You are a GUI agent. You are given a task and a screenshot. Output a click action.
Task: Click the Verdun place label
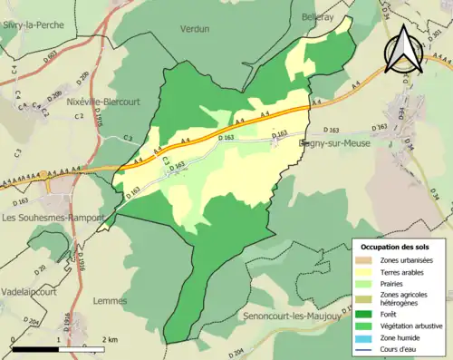coord(195,29)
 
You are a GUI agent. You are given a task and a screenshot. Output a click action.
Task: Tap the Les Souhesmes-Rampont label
coord(49,218)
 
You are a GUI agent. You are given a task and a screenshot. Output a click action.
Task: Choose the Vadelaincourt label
coord(33,282)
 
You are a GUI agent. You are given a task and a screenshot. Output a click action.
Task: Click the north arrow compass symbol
coord(404,48)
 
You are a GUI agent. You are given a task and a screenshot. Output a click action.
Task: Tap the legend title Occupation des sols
coord(396,247)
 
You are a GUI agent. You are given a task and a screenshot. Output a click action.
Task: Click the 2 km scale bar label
coord(109,340)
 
